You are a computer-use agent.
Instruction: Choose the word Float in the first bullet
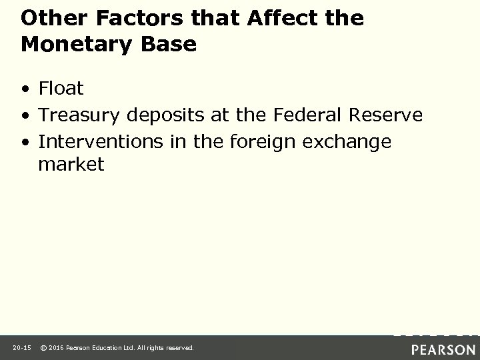pos(61,88)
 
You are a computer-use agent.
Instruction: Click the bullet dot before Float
pos(25,89)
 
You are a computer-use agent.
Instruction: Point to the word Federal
pos(307,116)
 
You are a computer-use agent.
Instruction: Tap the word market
pos(71,164)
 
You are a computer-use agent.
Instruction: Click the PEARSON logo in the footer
pos(443,348)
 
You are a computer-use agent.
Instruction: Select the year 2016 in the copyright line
pos(59,348)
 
